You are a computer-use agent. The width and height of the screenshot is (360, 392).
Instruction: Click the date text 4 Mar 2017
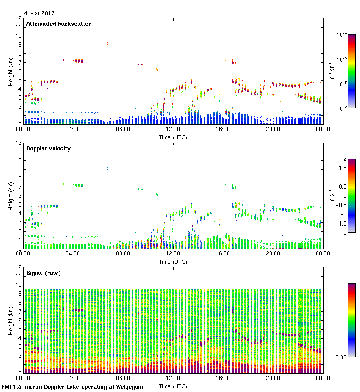(x=39, y=13)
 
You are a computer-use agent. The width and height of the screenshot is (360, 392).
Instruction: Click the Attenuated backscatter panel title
(x=58, y=24)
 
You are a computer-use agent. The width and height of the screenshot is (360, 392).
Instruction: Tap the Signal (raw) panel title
(x=43, y=273)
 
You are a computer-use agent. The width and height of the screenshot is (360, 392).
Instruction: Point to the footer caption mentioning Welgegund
(x=73, y=387)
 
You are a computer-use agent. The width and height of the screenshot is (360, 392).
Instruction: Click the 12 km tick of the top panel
(x=18, y=18)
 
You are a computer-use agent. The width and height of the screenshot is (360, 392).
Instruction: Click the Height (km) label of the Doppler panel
(x=10, y=196)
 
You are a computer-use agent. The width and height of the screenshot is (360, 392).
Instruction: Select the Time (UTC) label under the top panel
(x=173, y=137)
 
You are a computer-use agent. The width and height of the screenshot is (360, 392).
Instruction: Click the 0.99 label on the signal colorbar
(x=342, y=357)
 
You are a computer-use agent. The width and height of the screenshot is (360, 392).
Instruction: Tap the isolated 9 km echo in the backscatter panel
(x=107, y=44)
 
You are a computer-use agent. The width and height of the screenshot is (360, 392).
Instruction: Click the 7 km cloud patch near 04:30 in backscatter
(x=79, y=61)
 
